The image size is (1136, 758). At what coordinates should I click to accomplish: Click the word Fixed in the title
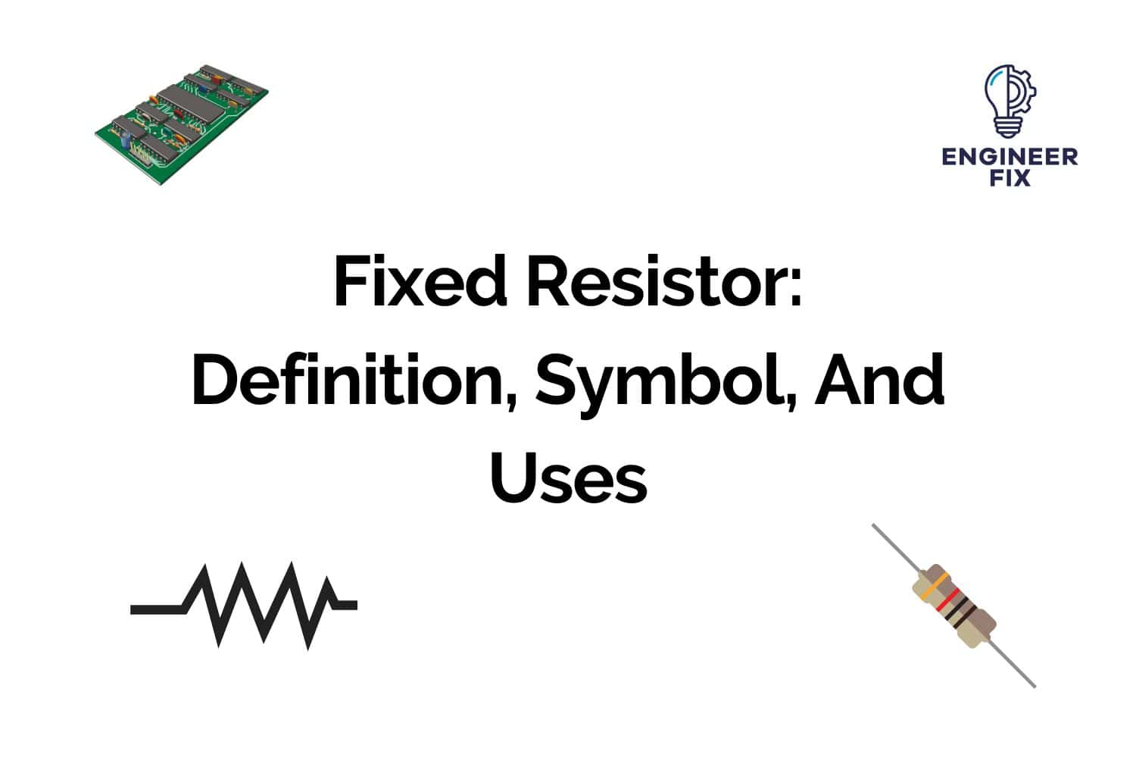(419, 283)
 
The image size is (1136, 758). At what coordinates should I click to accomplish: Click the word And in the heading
(879, 381)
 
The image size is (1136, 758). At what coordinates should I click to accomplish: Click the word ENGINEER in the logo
(1010, 157)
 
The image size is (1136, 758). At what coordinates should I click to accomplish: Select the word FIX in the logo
(1010, 179)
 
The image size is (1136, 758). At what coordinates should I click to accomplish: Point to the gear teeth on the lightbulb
(1030, 95)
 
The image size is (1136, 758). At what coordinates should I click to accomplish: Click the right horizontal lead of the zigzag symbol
(345, 605)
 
